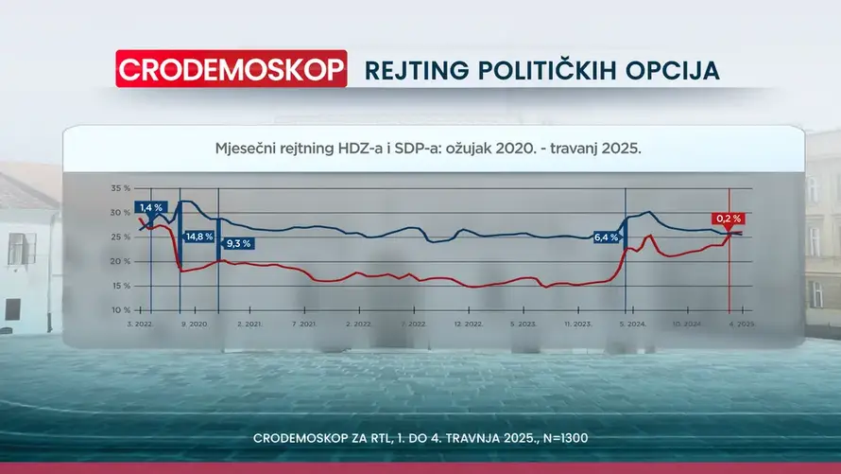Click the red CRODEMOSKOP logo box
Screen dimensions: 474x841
click(231, 69)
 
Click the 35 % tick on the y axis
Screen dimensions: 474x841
click(120, 188)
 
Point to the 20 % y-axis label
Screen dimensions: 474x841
click(120, 261)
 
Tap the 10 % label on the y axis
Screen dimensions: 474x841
click(120, 310)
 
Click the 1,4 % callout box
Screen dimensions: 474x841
click(151, 207)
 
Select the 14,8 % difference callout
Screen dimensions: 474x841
click(199, 237)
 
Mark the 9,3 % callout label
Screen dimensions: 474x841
click(237, 243)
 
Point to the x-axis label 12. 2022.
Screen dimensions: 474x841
click(469, 324)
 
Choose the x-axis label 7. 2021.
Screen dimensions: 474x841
click(304, 324)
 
